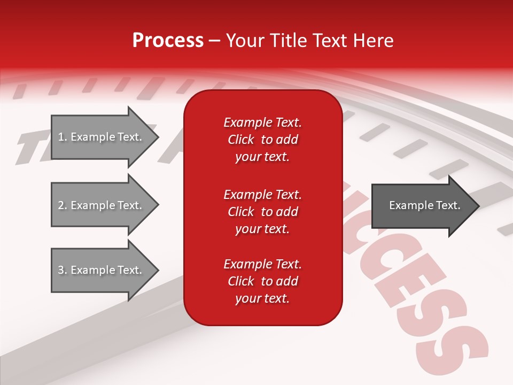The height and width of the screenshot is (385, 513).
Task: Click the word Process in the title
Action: coord(168,41)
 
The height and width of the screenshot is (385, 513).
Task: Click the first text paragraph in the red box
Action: coord(262,140)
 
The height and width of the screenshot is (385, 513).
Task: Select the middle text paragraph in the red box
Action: coord(262,212)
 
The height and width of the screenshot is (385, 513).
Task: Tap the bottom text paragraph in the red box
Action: coord(262,281)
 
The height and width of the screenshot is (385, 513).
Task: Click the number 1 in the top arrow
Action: coord(61,137)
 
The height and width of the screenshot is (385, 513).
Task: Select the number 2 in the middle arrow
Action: coord(61,205)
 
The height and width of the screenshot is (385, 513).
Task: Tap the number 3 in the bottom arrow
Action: coord(61,270)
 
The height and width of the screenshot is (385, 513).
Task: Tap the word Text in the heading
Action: coord(330,41)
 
